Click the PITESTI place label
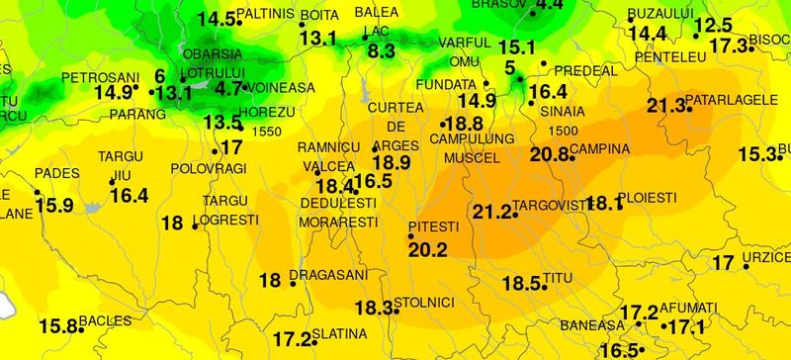[x=430, y=226]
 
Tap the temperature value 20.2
[x=428, y=248]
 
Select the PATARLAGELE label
[x=729, y=101]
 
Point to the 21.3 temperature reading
[x=664, y=106]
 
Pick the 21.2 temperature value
[x=491, y=212]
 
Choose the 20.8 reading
[x=550, y=153]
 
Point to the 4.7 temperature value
[x=228, y=88]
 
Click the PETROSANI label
[x=97, y=76]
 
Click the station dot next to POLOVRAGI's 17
[x=216, y=151]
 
